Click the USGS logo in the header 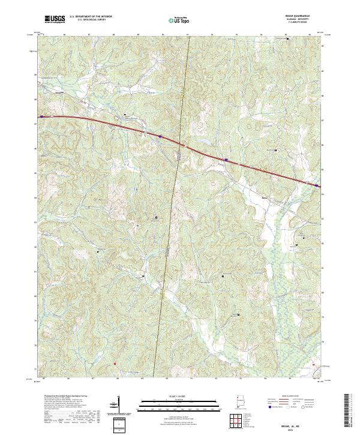[55, 19]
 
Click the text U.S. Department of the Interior [91, 17]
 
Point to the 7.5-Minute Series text [294, 22]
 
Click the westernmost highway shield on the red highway [41, 116]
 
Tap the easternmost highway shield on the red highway [316, 186]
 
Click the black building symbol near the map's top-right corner [287, 39]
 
